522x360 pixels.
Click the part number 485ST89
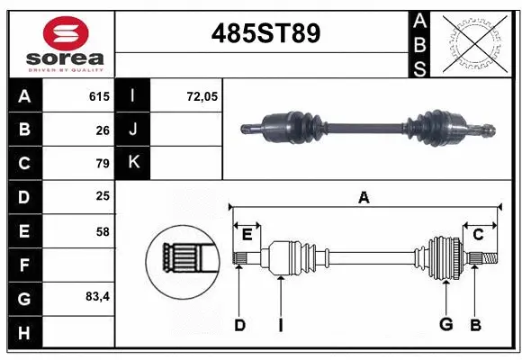pos(265,34)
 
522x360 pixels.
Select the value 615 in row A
pos(99,96)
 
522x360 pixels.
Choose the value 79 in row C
pos(103,164)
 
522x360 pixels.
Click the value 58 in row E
pos(103,231)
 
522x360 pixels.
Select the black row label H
pos(25,332)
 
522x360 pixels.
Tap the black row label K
pos(134,163)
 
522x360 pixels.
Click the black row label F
pos(25,265)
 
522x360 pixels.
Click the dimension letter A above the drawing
pos(364,197)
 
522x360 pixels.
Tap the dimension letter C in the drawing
pos(478,234)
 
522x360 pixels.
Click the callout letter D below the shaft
pos(239,325)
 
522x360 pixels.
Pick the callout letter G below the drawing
pos(445,325)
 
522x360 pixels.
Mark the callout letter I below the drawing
pos(280,325)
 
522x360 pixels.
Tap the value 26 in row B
pos(103,130)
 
